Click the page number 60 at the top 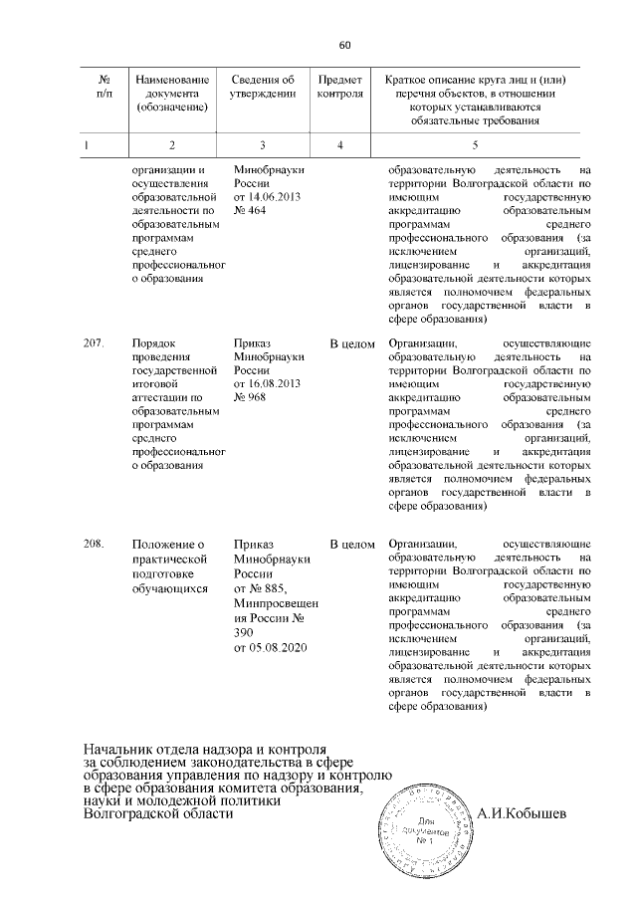coord(345,45)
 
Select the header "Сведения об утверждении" coord(263,88)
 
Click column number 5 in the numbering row coord(474,146)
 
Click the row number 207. coord(95,343)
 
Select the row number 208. coord(95,545)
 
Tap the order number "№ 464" coord(249,212)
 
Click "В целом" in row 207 coord(351,343)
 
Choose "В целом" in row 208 coord(351,545)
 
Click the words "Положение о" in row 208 coord(167,545)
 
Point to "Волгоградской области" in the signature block coord(159,813)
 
